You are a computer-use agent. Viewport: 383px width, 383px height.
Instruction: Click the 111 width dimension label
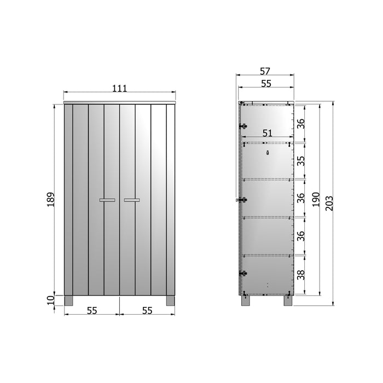[x=120, y=88]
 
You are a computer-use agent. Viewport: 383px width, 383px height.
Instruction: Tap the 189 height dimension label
[x=50, y=200]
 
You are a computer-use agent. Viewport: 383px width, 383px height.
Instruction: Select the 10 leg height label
[x=50, y=300]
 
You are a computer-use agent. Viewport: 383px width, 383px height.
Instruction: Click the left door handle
[x=107, y=200]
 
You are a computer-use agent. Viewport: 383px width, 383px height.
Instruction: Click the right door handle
[x=132, y=200]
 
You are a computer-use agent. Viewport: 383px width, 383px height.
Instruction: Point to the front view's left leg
[x=68, y=301]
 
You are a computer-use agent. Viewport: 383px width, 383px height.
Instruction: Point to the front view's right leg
[x=171, y=301]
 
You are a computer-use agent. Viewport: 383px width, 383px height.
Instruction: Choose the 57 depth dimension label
[x=265, y=71]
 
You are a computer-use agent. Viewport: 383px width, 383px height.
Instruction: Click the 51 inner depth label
[x=268, y=133]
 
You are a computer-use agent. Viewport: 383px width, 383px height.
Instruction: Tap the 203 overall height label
[x=329, y=203]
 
